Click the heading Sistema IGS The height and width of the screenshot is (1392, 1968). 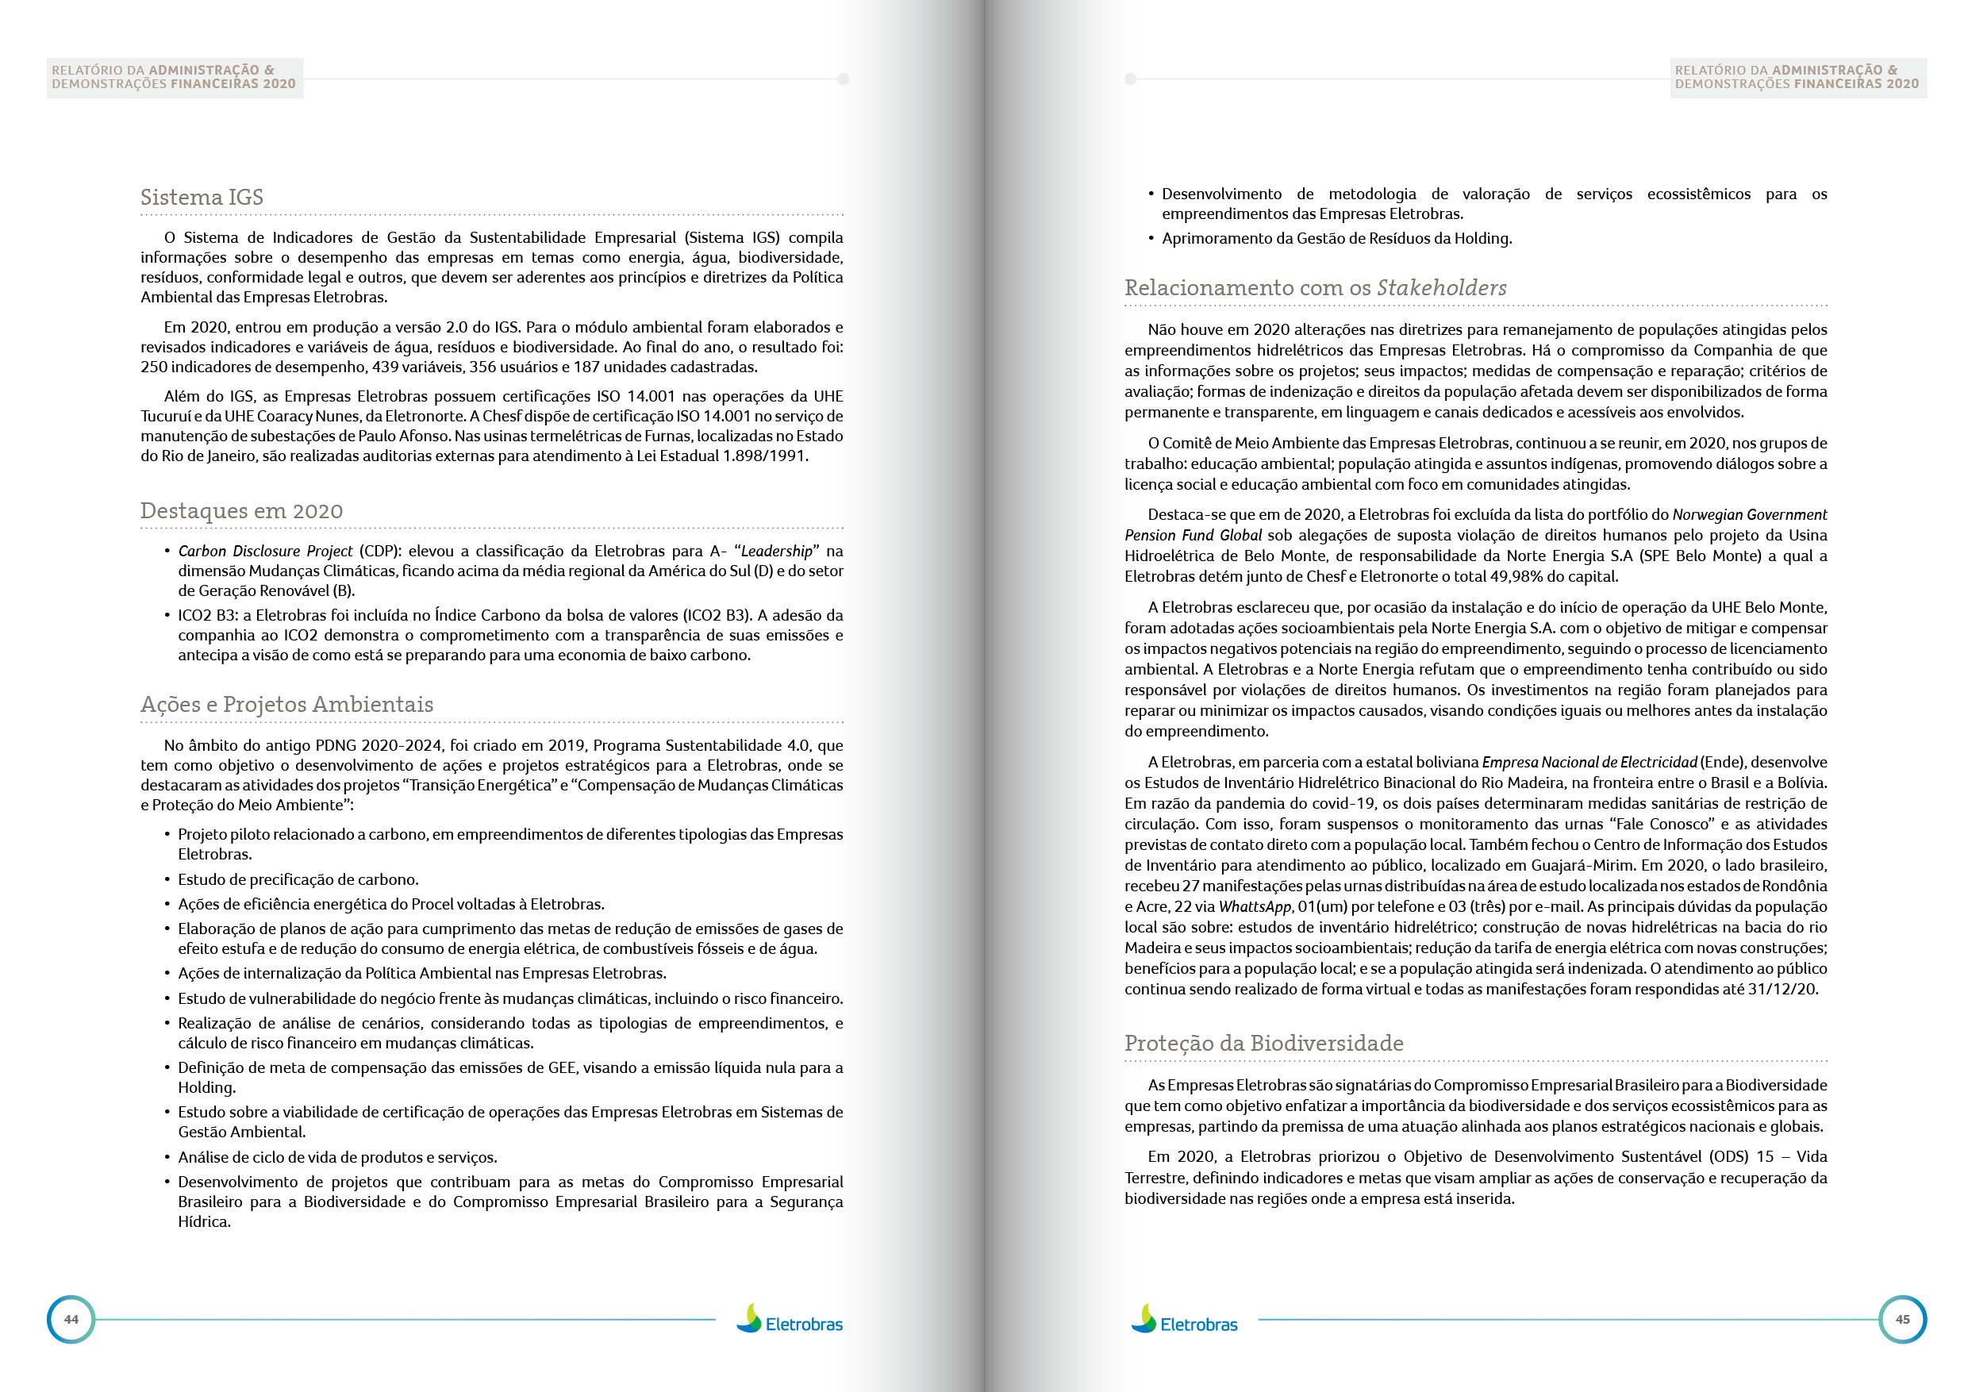[x=202, y=197]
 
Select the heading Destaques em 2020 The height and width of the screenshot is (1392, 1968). [x=241, y=511]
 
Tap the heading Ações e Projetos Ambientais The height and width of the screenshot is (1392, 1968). [x=286, y=705]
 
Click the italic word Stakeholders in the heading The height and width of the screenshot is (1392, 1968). [x=1441, y=288]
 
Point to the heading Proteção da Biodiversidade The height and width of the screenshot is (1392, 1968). [x=1263, y=1043]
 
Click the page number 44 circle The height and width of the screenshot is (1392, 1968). [x=71, y=1319]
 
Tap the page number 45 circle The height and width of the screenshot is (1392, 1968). [x=1902, y=1319]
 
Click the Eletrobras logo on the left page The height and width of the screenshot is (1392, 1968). [x=790, y=1321]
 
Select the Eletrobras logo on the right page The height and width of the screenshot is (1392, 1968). [x=1184, y=1321]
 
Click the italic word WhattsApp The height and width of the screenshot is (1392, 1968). [x=1254, y=907]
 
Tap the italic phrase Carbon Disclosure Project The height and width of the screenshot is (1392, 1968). [x=265, y=551]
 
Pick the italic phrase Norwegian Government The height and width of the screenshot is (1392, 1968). [x=1748, y=514]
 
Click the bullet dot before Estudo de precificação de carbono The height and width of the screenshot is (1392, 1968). [x=167, y=880]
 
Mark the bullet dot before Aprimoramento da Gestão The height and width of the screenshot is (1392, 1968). [x=1151, y=238]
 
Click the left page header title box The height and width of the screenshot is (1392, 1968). [x=174, y=77]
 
